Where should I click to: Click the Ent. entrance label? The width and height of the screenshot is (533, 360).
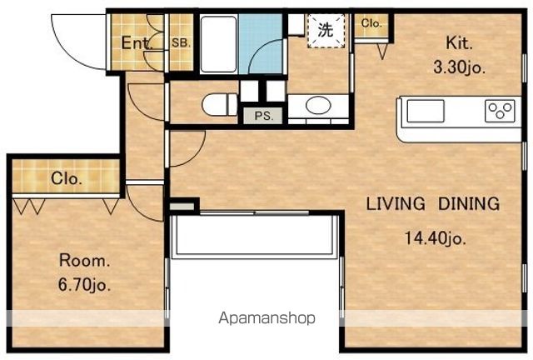[x=137, y=43]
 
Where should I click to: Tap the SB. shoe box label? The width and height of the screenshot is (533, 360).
[x=182, y=43]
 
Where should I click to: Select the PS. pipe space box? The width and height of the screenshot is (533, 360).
[x=264, y=116]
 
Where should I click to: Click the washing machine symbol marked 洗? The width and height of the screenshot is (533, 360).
[x=326, y=30]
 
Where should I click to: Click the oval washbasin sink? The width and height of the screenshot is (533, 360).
[x=318, y=105]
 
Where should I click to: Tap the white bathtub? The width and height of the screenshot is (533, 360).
[x=218, y=44]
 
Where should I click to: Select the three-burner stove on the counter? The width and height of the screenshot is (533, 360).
[x=500, y=111]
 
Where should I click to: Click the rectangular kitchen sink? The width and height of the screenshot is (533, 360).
[x=426, y=111]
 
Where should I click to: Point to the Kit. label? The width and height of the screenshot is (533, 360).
[x=459, y=43]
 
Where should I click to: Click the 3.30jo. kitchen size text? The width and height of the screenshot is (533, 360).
[x=459, y=68]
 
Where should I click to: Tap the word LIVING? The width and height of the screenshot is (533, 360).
[x=396, y=203]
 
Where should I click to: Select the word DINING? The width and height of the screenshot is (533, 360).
[x=469, y=203]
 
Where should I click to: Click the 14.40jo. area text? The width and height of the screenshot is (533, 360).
[x=435, y=237]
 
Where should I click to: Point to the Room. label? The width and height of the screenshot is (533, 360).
[x=85, y=261]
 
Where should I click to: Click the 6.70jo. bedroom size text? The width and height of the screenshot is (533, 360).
[x=85, y=284]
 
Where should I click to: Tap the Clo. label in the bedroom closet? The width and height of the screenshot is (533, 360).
[x=67, y=178]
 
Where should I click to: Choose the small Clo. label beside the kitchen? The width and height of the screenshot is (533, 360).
[x=371, y=23]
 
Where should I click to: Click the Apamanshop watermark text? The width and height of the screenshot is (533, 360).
[x=266, y=318]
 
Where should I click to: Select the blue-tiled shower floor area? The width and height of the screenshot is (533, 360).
[x=261, y=43]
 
